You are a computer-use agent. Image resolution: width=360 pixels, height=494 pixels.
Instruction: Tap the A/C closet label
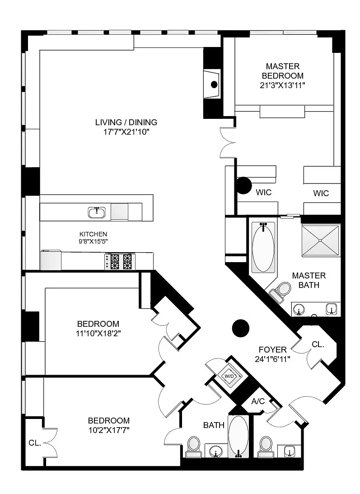pos(258,401)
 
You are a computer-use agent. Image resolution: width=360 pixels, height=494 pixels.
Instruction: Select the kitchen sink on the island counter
pos(96,213)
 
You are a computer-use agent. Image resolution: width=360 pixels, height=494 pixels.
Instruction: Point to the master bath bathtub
pos(263,248)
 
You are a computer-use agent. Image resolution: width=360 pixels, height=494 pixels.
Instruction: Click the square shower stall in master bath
pos(321,240)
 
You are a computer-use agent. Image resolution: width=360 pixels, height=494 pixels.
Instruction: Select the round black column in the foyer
pos(240,328)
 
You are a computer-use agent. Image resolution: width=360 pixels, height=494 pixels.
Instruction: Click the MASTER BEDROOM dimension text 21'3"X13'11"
pos(282,85)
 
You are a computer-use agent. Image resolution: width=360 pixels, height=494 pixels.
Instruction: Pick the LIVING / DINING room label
pos(126,122)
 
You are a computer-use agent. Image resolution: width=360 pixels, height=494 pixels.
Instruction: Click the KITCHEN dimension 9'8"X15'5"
pos(93,242)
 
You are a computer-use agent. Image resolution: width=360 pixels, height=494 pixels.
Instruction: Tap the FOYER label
pos(273,350)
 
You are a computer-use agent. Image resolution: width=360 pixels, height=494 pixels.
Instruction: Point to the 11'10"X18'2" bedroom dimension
pos(98,333)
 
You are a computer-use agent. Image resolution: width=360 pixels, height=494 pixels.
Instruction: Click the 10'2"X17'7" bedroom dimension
pos(109,430)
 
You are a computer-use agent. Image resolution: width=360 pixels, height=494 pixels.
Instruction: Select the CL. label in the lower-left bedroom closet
pos(35,443)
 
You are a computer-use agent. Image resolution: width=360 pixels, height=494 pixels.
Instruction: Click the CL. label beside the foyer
pos(318,345)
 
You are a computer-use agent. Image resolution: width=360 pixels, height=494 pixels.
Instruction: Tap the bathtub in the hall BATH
pos(238,436)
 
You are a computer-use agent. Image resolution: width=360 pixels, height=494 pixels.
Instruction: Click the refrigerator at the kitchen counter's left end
pos(51,260)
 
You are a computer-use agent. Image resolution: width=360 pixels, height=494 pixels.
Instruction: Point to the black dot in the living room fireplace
pos(214,84)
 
